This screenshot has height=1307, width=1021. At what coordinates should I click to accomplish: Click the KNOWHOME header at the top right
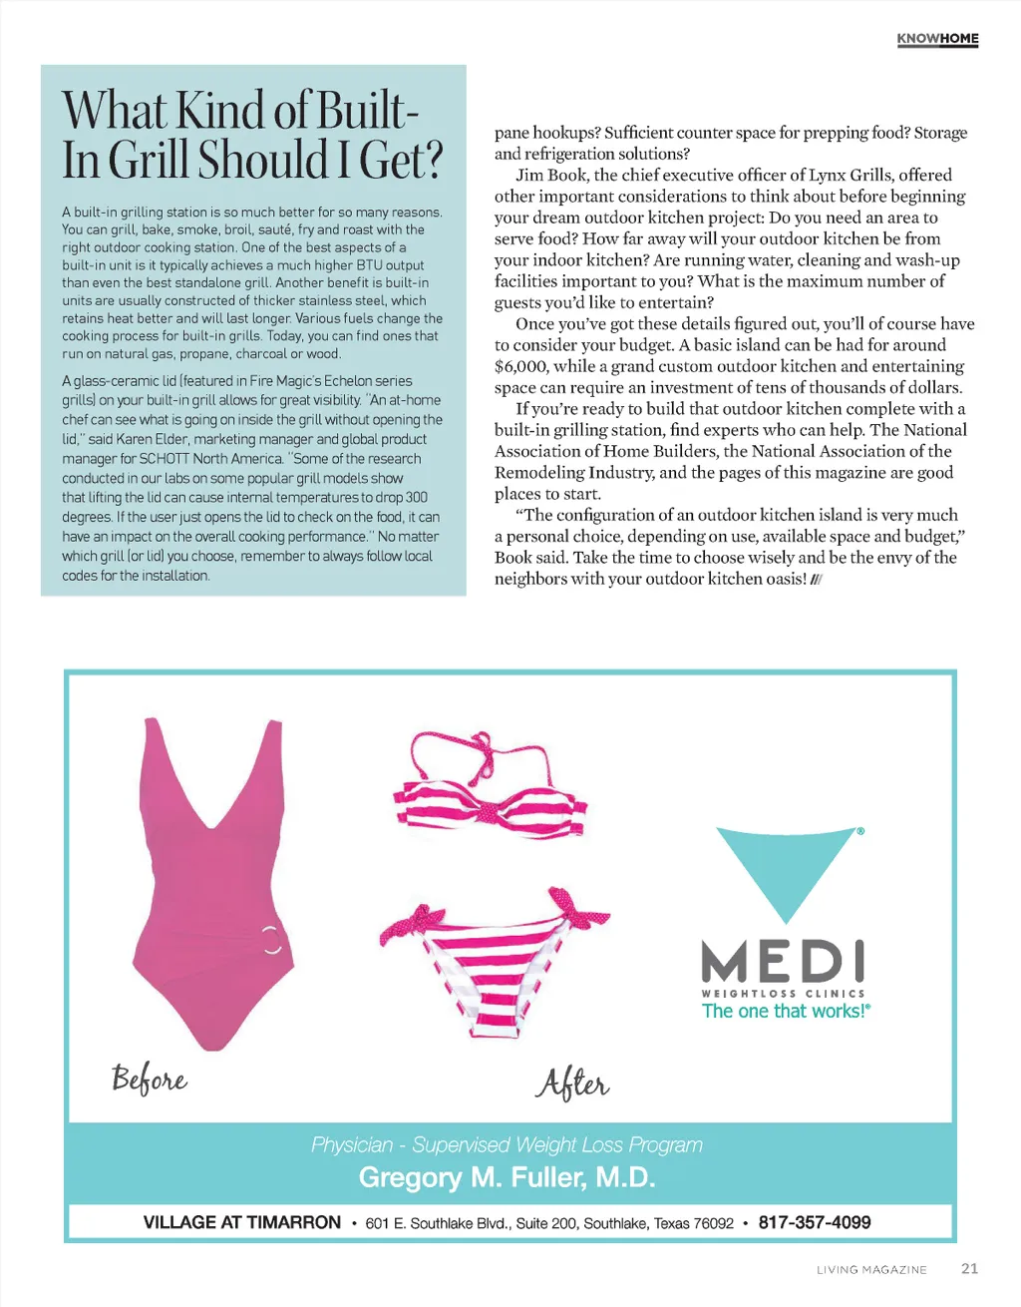(x=937, y=39)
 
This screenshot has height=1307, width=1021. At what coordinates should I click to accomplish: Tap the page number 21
(x=969, y=1268)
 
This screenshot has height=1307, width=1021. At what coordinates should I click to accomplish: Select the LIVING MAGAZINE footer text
(x=871, y=1270)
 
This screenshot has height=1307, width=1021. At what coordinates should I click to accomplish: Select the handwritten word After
(x=573, y=1083)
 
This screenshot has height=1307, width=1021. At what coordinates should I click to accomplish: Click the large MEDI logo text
(x=784, y=962)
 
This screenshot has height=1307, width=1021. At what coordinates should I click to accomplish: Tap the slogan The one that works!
(x=786, y=1011)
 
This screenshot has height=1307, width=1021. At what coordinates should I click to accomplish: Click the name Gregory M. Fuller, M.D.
(x=508, y=1177)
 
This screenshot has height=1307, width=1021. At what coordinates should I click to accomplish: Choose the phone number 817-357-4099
(x=815, y=1222)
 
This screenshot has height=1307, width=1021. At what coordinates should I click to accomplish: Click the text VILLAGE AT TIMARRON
(x=241, y=1222)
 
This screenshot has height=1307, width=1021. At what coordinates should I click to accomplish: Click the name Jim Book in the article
(x=550, y=175)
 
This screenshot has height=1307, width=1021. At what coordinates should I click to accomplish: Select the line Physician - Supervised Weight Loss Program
(x=508, y=1144)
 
